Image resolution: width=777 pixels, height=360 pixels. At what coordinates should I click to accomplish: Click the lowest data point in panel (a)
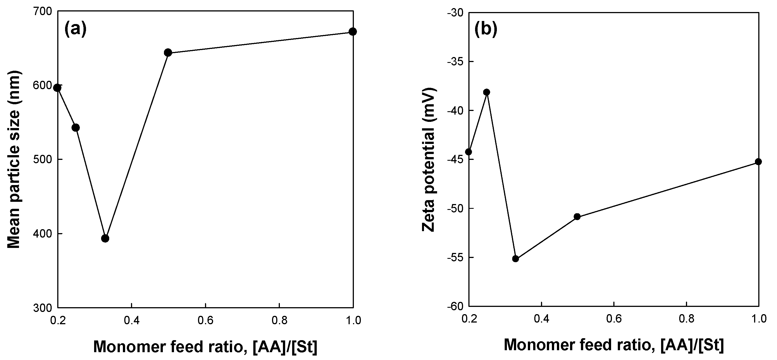pos(105,238)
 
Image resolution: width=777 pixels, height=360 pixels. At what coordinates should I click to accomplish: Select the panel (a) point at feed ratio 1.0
pos(352,31)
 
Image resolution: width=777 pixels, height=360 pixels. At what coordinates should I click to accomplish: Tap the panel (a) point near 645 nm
pos(168,53)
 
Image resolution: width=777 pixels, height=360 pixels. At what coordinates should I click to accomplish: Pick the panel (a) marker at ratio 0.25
pos(76,128)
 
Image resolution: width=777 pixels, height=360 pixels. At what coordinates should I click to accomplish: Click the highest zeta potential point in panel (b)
pos(487,92)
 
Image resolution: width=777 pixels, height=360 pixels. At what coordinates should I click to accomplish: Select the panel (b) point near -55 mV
pos(516,259)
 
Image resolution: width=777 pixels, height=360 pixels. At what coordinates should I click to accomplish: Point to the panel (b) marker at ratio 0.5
pos(577,217)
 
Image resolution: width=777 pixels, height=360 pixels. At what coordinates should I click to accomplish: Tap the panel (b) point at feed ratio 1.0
pos(758,162)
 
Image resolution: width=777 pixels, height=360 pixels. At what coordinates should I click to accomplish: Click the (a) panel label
pos(75,29)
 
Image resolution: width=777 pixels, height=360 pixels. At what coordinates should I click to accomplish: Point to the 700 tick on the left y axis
pos(44,11)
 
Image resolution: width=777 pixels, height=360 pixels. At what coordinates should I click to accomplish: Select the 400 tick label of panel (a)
pos(44,234)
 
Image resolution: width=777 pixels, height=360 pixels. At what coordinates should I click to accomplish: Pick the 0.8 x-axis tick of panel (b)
pos(686,319)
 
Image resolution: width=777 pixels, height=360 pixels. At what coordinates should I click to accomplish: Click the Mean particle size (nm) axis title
pos(14,160)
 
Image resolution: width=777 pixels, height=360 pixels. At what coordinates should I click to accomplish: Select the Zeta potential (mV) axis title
pos(428,160)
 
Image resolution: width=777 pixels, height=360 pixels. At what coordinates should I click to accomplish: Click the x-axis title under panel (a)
pos(205,347)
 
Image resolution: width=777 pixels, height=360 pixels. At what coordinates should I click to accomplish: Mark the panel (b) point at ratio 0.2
pos(468,151)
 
